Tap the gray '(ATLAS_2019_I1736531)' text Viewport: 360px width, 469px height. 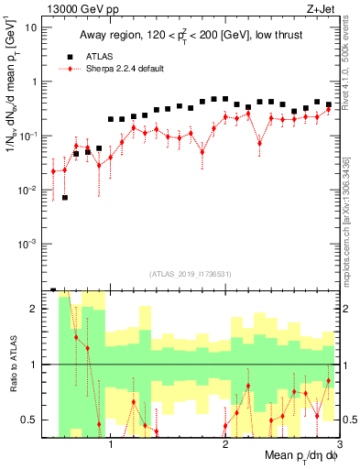pos(191,273)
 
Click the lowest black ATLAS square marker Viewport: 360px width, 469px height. pos(65,197)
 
